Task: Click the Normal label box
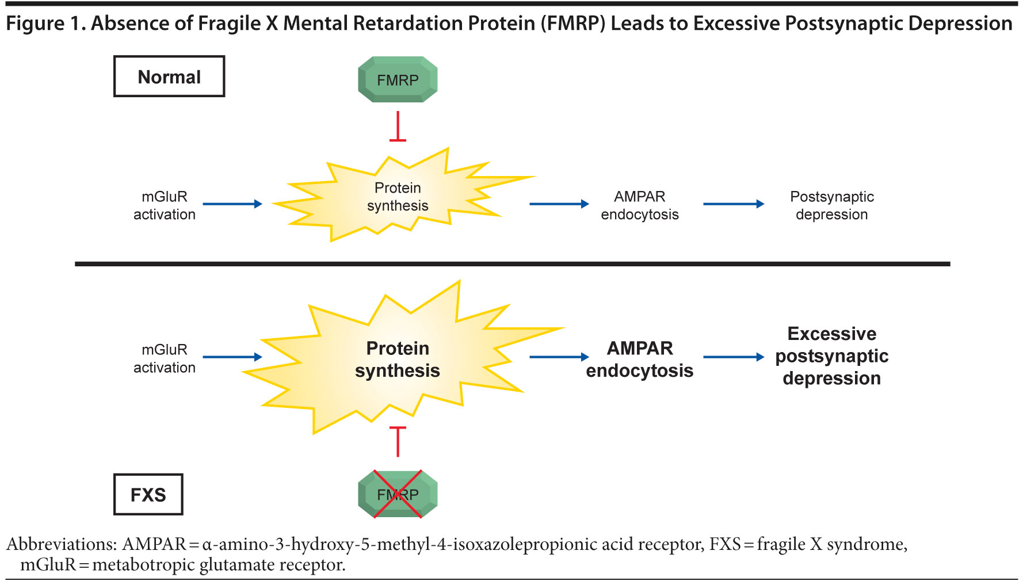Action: coord(169,77)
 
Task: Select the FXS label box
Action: coord(148,494)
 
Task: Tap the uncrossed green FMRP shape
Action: coord(398,79)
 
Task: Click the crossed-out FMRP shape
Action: coord(398,494)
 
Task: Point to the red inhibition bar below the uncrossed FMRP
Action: coord(398,127)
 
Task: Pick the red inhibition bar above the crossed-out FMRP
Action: coord(398,441)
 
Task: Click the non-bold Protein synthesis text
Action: coord(398,197)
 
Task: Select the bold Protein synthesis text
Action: coord(398,360)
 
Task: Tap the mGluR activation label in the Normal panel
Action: coord(165,205)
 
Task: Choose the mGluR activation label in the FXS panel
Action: coord(165,358)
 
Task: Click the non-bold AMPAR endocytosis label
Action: coord(640,205)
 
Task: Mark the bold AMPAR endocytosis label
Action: coord(640,360)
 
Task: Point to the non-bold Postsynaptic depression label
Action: coord(832,205)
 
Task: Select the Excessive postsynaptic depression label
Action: coord(832,356)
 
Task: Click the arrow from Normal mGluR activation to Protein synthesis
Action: coord(232,204)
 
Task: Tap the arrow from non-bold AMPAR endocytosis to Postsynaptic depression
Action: coord(734,204)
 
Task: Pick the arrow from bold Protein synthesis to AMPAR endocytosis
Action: coord(559,357)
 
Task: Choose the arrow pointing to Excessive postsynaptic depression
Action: coord(734,357)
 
